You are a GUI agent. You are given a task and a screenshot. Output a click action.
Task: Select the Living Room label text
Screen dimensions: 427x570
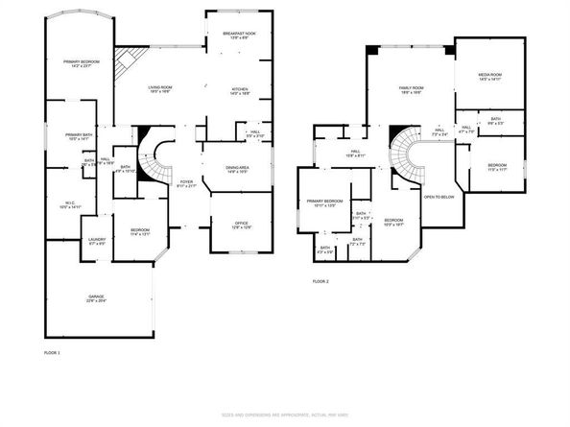tap(159, 87)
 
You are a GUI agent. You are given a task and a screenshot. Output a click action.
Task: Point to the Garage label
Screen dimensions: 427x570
tap(98, 296)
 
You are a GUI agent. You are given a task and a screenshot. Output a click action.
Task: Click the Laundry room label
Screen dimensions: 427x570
tap(97, 239)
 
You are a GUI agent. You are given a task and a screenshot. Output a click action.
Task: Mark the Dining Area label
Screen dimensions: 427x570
tap(237, 167)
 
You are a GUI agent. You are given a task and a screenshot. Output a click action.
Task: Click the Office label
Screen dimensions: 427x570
tap(242, 223)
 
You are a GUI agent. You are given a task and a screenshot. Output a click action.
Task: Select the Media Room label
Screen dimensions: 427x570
tap(490, 74)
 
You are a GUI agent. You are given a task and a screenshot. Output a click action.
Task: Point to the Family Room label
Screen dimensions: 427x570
tap(412, 88)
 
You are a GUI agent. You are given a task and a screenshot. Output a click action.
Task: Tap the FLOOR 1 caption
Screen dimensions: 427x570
tap(52, 353)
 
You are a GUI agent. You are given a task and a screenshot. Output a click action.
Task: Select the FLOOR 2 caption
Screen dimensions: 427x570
tap(321, 281)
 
